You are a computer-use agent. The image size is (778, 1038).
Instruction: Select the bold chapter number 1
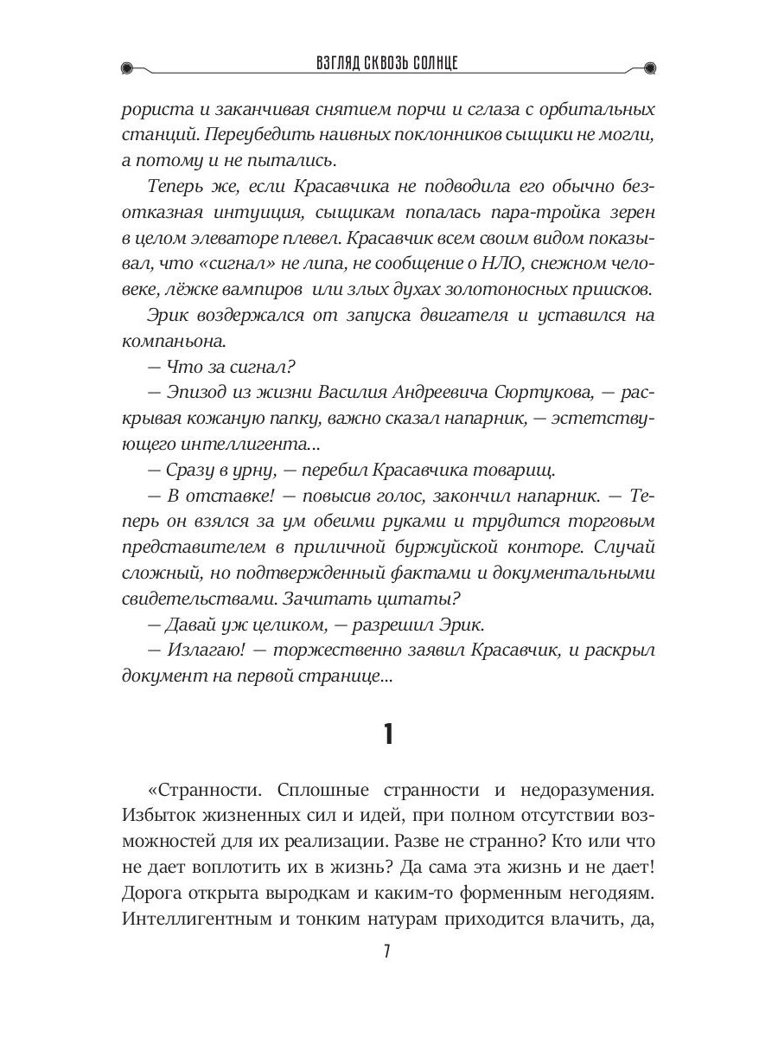(x=388, y=735)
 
